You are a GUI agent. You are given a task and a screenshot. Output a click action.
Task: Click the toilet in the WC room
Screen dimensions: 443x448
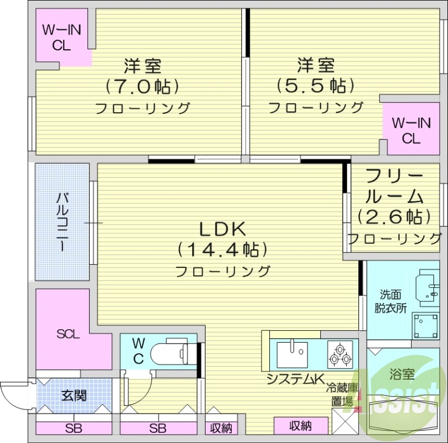click(171, 352)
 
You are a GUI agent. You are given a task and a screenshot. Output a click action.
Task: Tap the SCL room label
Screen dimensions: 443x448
click(68, 335)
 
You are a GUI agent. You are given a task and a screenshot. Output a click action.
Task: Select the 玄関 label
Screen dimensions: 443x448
click(73, 396)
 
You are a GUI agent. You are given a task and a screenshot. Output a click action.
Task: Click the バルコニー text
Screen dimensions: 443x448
click(63, 221)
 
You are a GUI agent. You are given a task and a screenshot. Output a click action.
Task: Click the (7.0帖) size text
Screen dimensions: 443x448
click(142, 86)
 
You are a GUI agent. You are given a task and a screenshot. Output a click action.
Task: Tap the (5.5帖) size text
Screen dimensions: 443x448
click(315, 86)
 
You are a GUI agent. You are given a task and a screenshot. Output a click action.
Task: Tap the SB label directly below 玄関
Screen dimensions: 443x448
click(74, 429)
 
